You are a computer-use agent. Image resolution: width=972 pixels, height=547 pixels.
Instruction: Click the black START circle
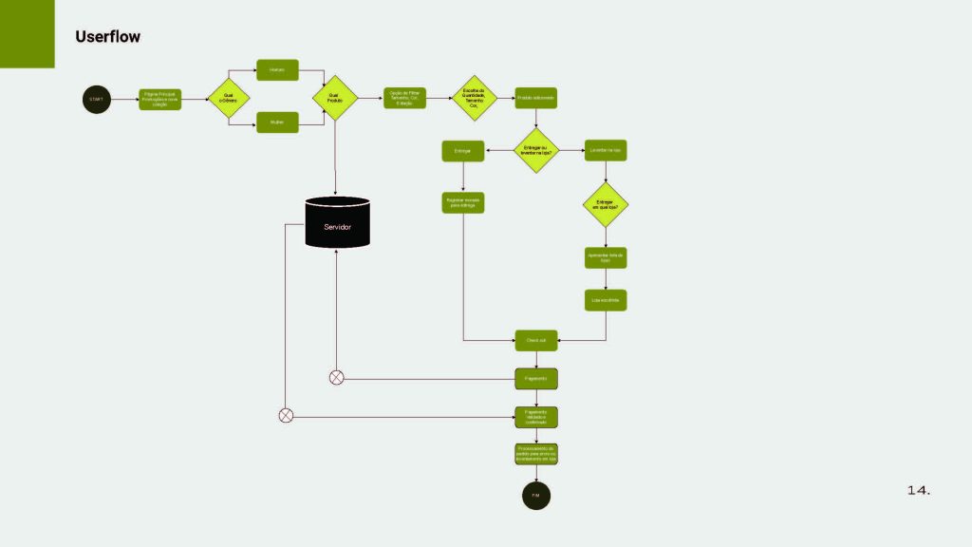(97, 99)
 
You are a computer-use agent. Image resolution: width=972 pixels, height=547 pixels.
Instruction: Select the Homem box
(277, 70)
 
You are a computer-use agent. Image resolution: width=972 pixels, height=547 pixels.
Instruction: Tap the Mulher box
(277, 122)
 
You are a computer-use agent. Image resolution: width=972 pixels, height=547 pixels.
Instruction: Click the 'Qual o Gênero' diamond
(229, 98)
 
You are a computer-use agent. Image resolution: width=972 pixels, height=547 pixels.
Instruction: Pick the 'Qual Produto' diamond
(335, 98)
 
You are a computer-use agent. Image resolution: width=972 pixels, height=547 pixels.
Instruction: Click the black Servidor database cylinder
(337, 222)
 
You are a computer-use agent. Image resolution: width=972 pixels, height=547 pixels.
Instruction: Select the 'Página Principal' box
(159, 99)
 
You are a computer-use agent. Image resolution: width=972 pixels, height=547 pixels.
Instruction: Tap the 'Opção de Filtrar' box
(404, 98)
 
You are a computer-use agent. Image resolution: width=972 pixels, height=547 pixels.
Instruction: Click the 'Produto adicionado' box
(536, 99)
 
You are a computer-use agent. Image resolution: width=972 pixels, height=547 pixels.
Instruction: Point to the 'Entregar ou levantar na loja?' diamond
(536, 150)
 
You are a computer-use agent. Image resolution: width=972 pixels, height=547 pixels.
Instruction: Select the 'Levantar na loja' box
(606, 150)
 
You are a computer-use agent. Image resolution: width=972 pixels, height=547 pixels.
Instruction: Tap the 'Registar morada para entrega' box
(463, 202)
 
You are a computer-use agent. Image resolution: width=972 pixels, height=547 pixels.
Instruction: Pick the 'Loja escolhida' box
(606, 300)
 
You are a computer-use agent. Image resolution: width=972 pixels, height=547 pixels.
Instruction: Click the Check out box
(536, 340)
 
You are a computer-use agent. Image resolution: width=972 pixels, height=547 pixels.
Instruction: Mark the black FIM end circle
(536, 496)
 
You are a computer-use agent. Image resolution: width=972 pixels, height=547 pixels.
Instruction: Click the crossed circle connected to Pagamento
(336, 378)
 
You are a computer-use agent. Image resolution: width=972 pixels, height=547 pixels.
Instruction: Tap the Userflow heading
(108, 37)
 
